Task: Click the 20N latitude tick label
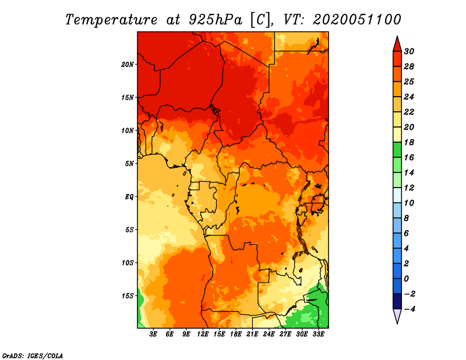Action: coord(128,65)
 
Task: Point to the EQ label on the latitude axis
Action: coord(129,197)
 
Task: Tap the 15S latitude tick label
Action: coord(128,296)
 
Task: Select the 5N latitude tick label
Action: coord(129,164)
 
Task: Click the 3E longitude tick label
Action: coord(153,334)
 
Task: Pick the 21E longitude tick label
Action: coord(252,334)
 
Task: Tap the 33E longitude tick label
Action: coord(318,334)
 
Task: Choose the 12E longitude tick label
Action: coord(203,334)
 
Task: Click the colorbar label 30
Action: coord(409,51)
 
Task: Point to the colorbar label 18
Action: coord(409,142)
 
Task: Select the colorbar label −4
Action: coord(410,309)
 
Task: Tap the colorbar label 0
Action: coord(406,279)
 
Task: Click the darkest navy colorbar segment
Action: coord(397,301)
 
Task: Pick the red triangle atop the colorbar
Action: coord(397,45)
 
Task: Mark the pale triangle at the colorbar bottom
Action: coord(397,316)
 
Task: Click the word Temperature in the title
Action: coord(111,20)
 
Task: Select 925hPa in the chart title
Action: coord(216,20)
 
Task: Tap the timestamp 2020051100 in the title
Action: coord(357,20)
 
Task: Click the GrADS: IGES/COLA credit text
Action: coord(33,356)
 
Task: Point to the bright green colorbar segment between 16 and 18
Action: coord(397,150)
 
